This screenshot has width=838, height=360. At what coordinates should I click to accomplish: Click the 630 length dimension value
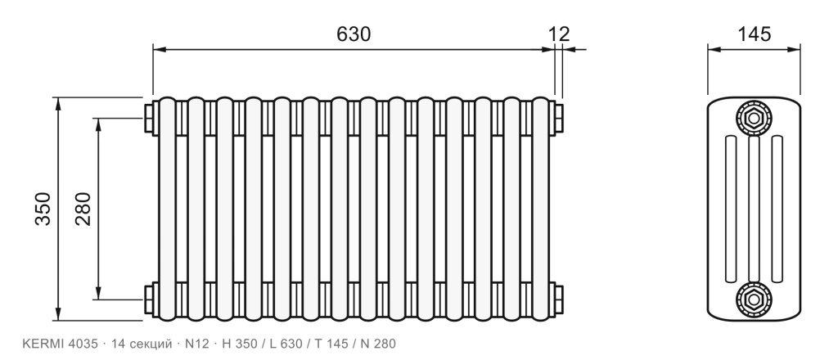coord(354,34)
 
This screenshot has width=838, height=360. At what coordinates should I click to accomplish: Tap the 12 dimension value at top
coord(559,34)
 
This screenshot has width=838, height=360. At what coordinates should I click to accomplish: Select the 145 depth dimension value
coord(754,34)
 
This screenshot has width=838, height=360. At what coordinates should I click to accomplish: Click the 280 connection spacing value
coord(83,209)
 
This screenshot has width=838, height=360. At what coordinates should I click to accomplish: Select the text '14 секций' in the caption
coord(141,344)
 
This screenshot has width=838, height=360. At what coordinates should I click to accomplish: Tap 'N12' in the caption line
coord(196,344)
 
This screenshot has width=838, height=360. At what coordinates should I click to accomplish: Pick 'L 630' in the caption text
coord(286,344)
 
